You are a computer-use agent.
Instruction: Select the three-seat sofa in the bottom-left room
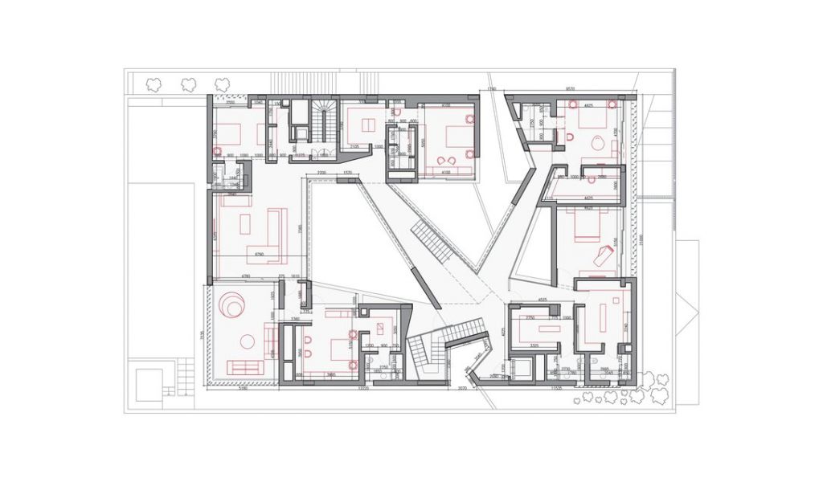tap(244, 367)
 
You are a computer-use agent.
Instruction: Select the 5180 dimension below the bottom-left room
tap(242, 389)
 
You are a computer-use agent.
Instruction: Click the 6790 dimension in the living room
tap(259, 255)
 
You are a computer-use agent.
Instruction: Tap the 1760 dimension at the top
tap(491, 88)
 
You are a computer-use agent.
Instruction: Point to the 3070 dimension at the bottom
tap(463, 389)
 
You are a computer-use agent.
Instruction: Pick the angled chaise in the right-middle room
tap(602, 256)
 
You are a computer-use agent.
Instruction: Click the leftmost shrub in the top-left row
tap(153, 84)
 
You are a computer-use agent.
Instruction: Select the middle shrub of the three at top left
tap(188, 84)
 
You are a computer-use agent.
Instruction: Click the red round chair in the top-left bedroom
tap(216, 151)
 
